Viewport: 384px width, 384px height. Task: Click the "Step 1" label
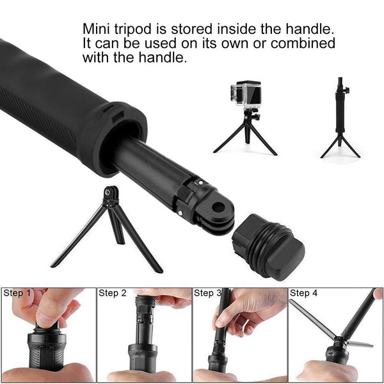(x=17, y=293)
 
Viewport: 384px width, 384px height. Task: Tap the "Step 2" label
(x=112, y=293)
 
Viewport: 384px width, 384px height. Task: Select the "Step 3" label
(x=207, y=293)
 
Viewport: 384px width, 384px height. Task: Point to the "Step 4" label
(x=303, y=293)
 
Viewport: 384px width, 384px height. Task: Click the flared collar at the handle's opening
(x=122, y=138)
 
